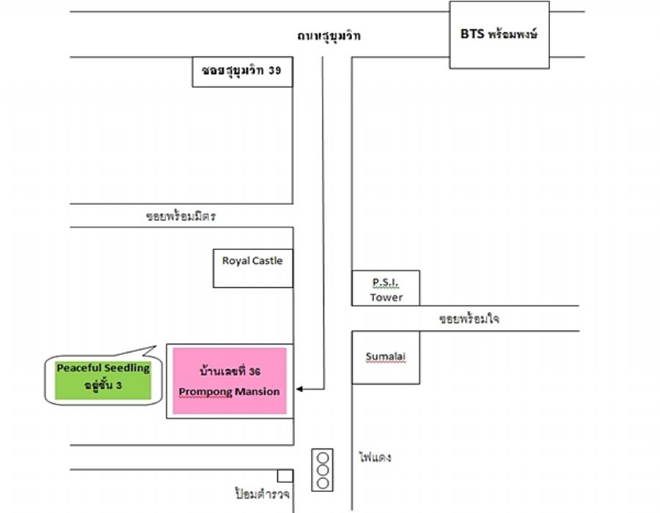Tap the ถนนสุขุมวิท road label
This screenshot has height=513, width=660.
pos(329,36)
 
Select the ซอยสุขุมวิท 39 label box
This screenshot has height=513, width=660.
pos(241,72)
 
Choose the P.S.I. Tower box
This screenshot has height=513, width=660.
pos(386,287)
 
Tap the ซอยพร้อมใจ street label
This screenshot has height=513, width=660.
pos(469,320)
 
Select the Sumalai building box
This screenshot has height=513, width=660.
pos(386,358)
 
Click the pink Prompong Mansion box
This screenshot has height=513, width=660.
pos(229,381)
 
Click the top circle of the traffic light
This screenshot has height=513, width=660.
pos(322,457)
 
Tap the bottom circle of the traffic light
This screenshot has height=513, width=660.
pos(322,483)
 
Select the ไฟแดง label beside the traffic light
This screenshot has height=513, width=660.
pos(375,457)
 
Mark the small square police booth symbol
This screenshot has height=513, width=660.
pos(285,476)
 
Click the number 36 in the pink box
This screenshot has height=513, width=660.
pos(254,372)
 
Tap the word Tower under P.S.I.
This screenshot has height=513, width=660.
pos(386,298)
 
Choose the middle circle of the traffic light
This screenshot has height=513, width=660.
pos(322,470)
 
